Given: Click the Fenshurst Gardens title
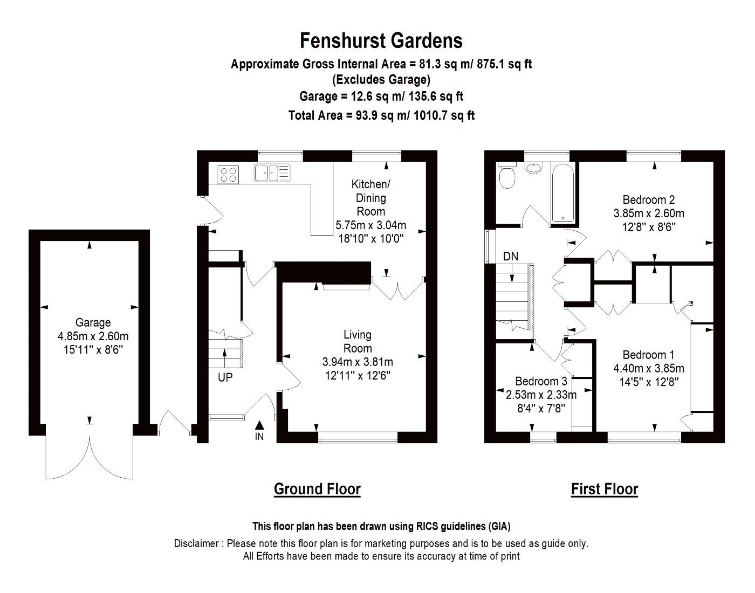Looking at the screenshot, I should tap(381, 41).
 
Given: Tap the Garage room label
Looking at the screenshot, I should tap(93, 322).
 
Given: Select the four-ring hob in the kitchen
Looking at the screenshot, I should tap(228, 174).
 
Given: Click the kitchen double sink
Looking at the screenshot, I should tap(272, 173).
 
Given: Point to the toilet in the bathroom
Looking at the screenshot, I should tap(507, 176).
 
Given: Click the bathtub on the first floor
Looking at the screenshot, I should tap(563, 194).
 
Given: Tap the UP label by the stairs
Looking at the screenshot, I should tap(225, 377).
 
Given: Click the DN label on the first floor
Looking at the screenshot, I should tap(511, 256).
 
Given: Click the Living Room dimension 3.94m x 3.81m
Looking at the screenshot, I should tap(358, 362).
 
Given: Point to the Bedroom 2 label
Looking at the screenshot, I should tap(648, 199).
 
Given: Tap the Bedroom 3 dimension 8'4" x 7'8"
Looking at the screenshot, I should tap(541, 408).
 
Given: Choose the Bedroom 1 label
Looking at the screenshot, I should tap(648, 355).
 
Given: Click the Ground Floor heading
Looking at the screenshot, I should tap(317, 489).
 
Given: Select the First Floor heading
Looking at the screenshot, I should tap(604, 489).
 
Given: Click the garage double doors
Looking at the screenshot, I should tap(90, 453).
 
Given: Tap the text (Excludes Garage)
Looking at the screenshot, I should tap(381, 80).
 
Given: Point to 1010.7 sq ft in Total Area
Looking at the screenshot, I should tap(444, 115).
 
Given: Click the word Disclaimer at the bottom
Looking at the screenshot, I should tap(196, 543).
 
